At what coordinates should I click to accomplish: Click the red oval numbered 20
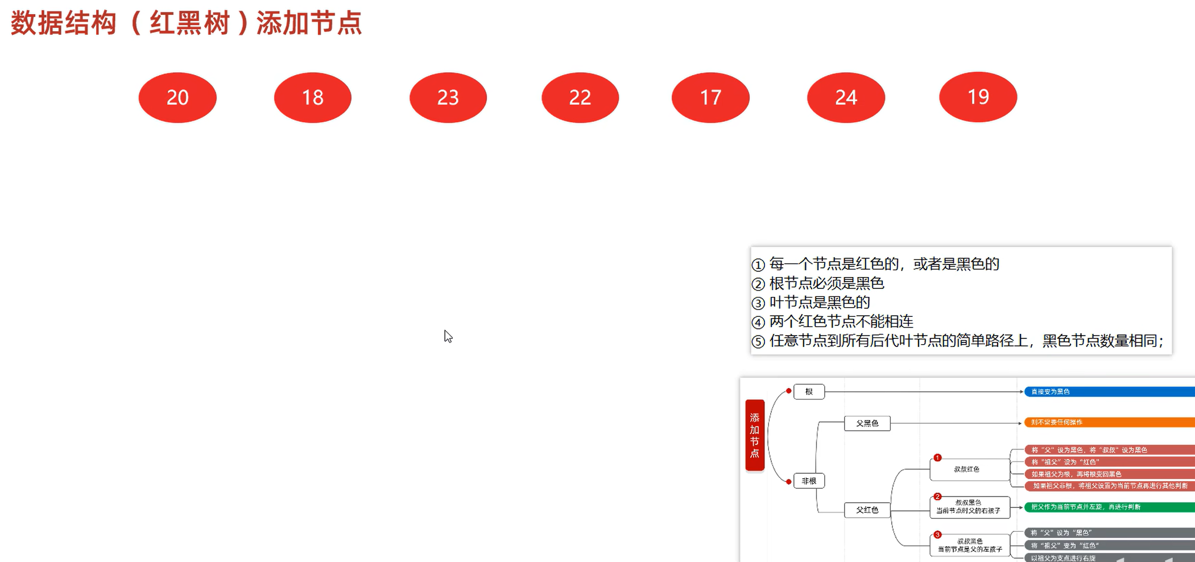tap(177, 97)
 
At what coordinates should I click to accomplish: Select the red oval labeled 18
tap(313, 97)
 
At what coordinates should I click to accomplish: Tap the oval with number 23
tap(448, 97)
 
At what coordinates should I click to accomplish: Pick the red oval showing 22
tap(580, 97)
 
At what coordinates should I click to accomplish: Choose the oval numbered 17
tap(710, 97)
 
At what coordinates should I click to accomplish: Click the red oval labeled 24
tap(846, 97)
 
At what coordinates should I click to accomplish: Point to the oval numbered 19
tap(978, 97)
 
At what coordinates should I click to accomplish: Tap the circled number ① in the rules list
tap(758, 265)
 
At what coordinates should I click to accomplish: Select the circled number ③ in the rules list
tap(758, 303)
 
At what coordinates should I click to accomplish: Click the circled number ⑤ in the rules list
tap(758, 342)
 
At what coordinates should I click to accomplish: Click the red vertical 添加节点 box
tap(755, 435)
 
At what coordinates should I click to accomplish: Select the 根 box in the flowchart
tap(809, 391)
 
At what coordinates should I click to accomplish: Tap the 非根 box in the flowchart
tap(809, 481)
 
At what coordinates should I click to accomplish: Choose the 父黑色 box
tap(867, 423)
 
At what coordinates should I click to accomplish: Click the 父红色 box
tap(867, 510)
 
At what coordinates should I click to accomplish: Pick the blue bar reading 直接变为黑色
tap(1109, 391)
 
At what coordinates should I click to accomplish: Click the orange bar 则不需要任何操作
tap(1109, 422)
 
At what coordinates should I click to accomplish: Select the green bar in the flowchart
tap(1109, 507)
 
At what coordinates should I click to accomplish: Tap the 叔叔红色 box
tap(969, 469)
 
